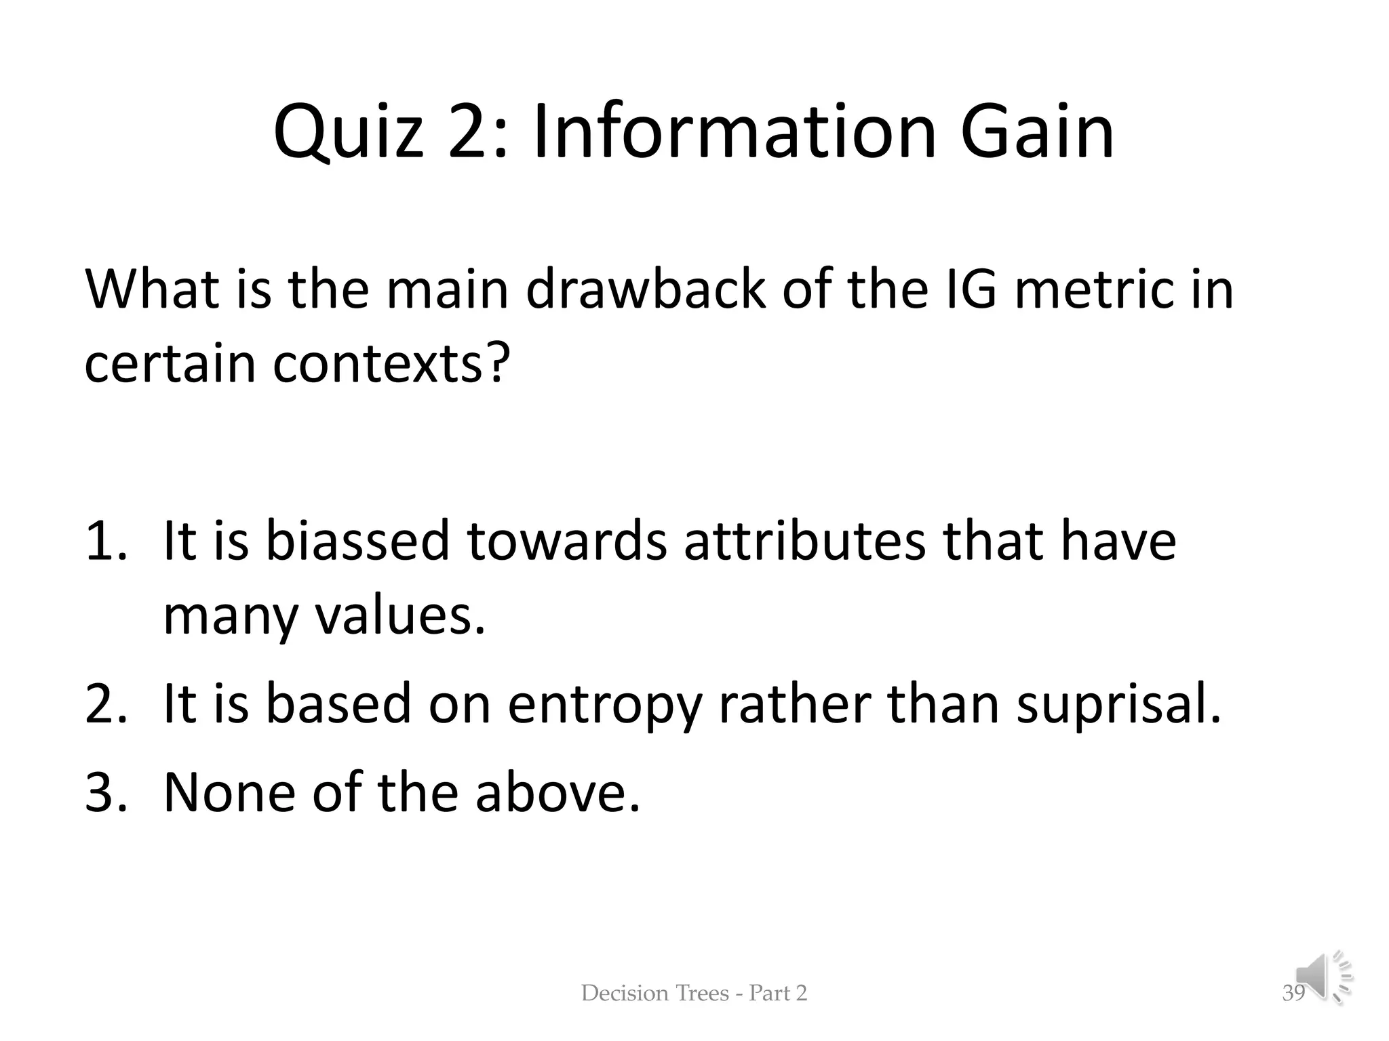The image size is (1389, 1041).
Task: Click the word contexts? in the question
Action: point(391,364)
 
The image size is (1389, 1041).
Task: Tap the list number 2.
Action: point(106,704)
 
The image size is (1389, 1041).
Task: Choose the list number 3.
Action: point(106,792)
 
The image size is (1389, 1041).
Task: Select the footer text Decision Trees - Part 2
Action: point(694,993)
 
